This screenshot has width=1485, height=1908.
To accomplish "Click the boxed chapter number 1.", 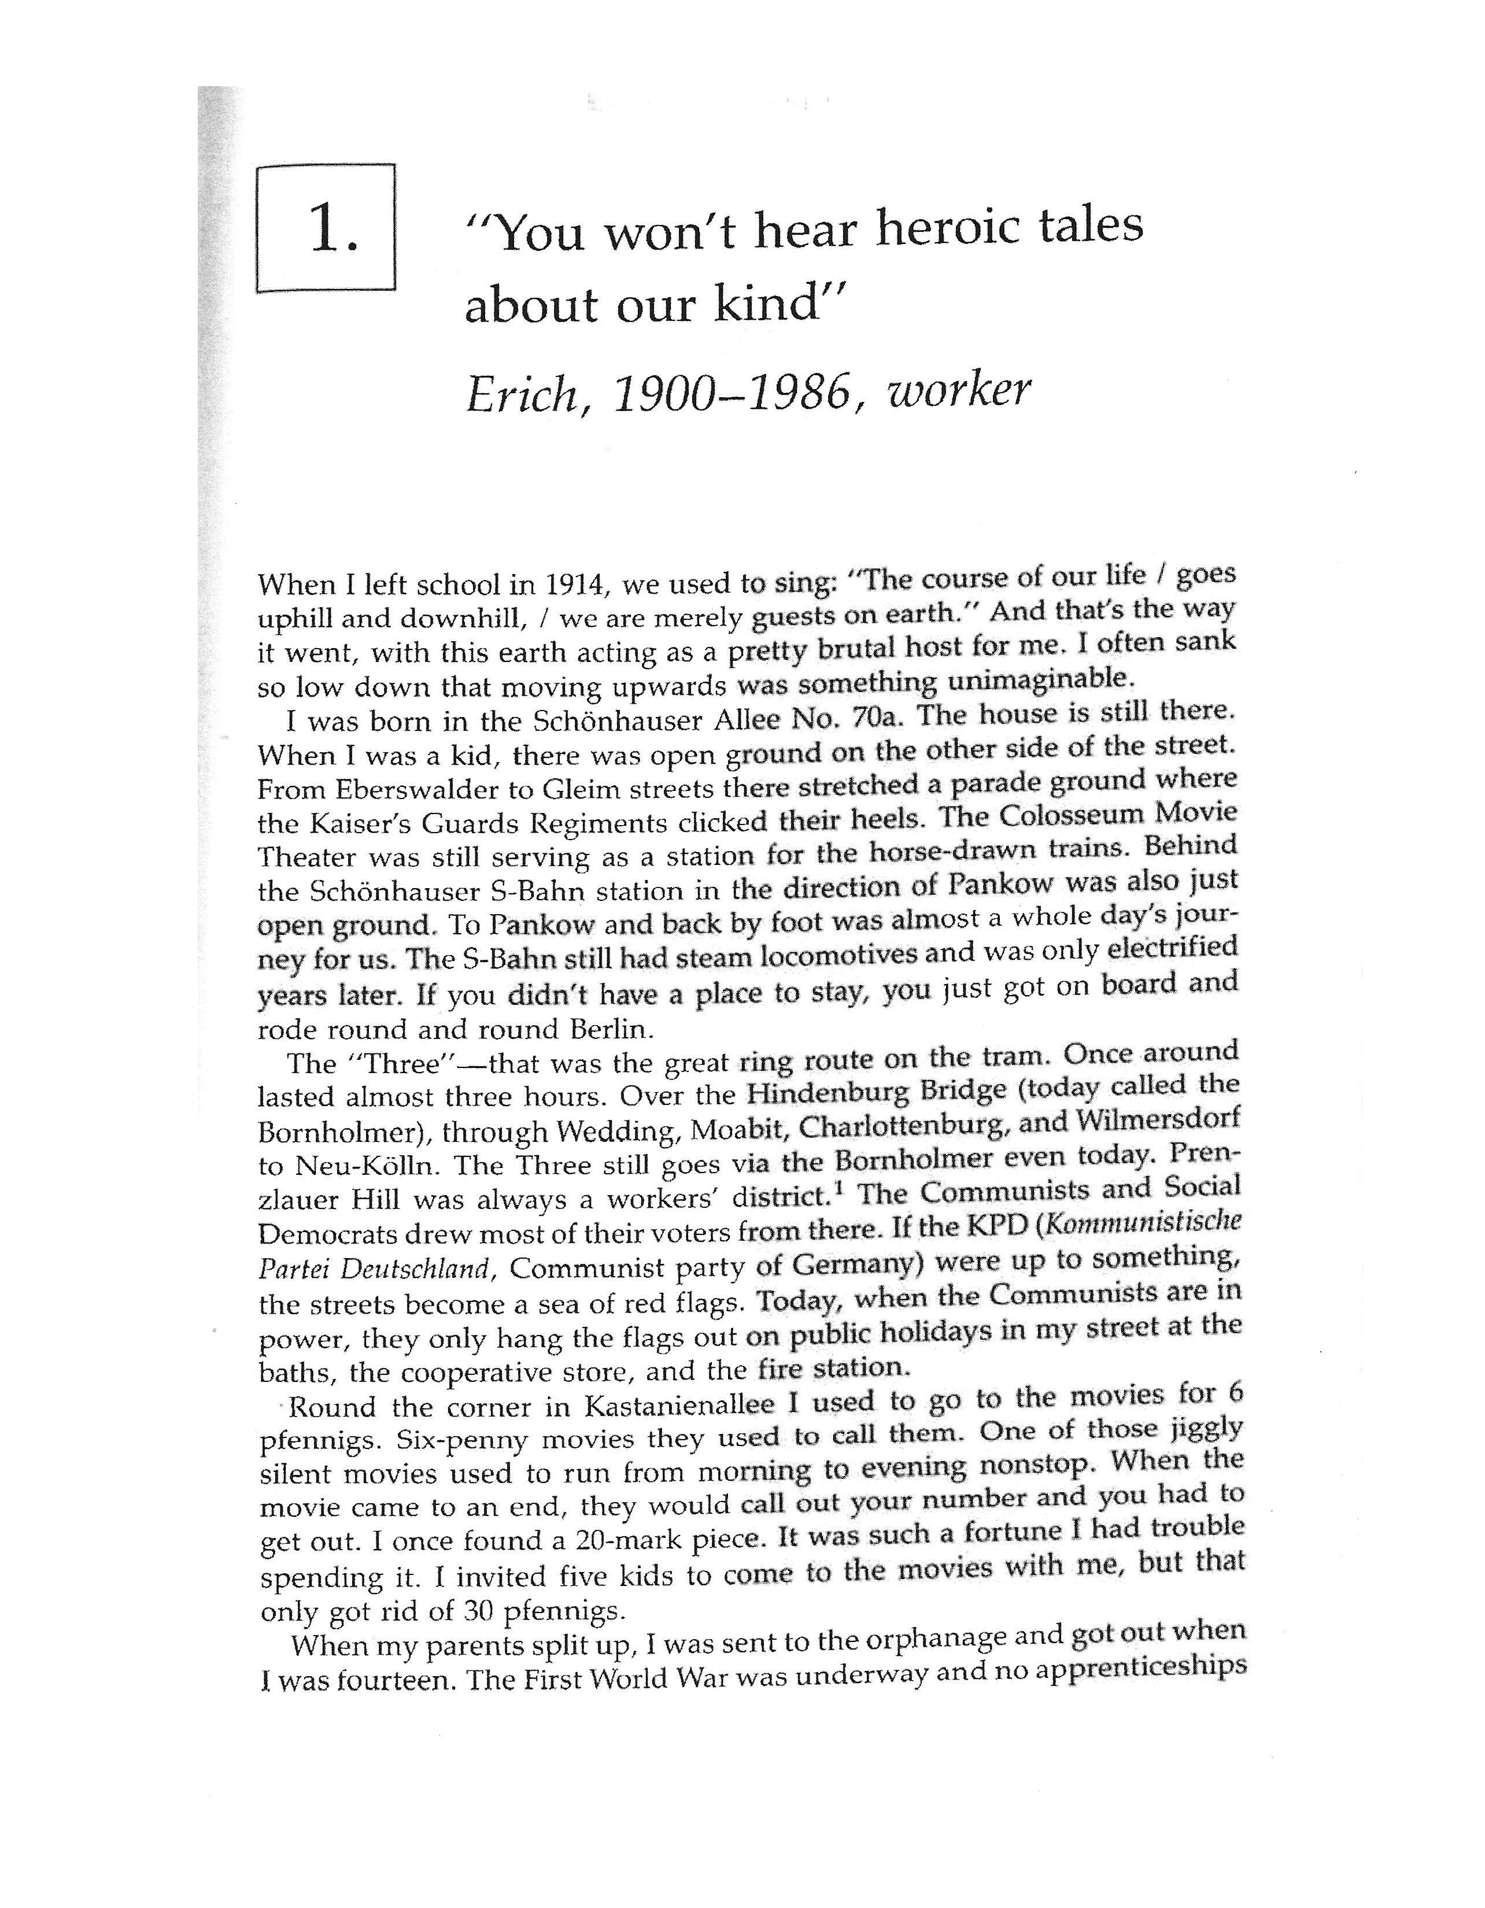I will tap(333, 231).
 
